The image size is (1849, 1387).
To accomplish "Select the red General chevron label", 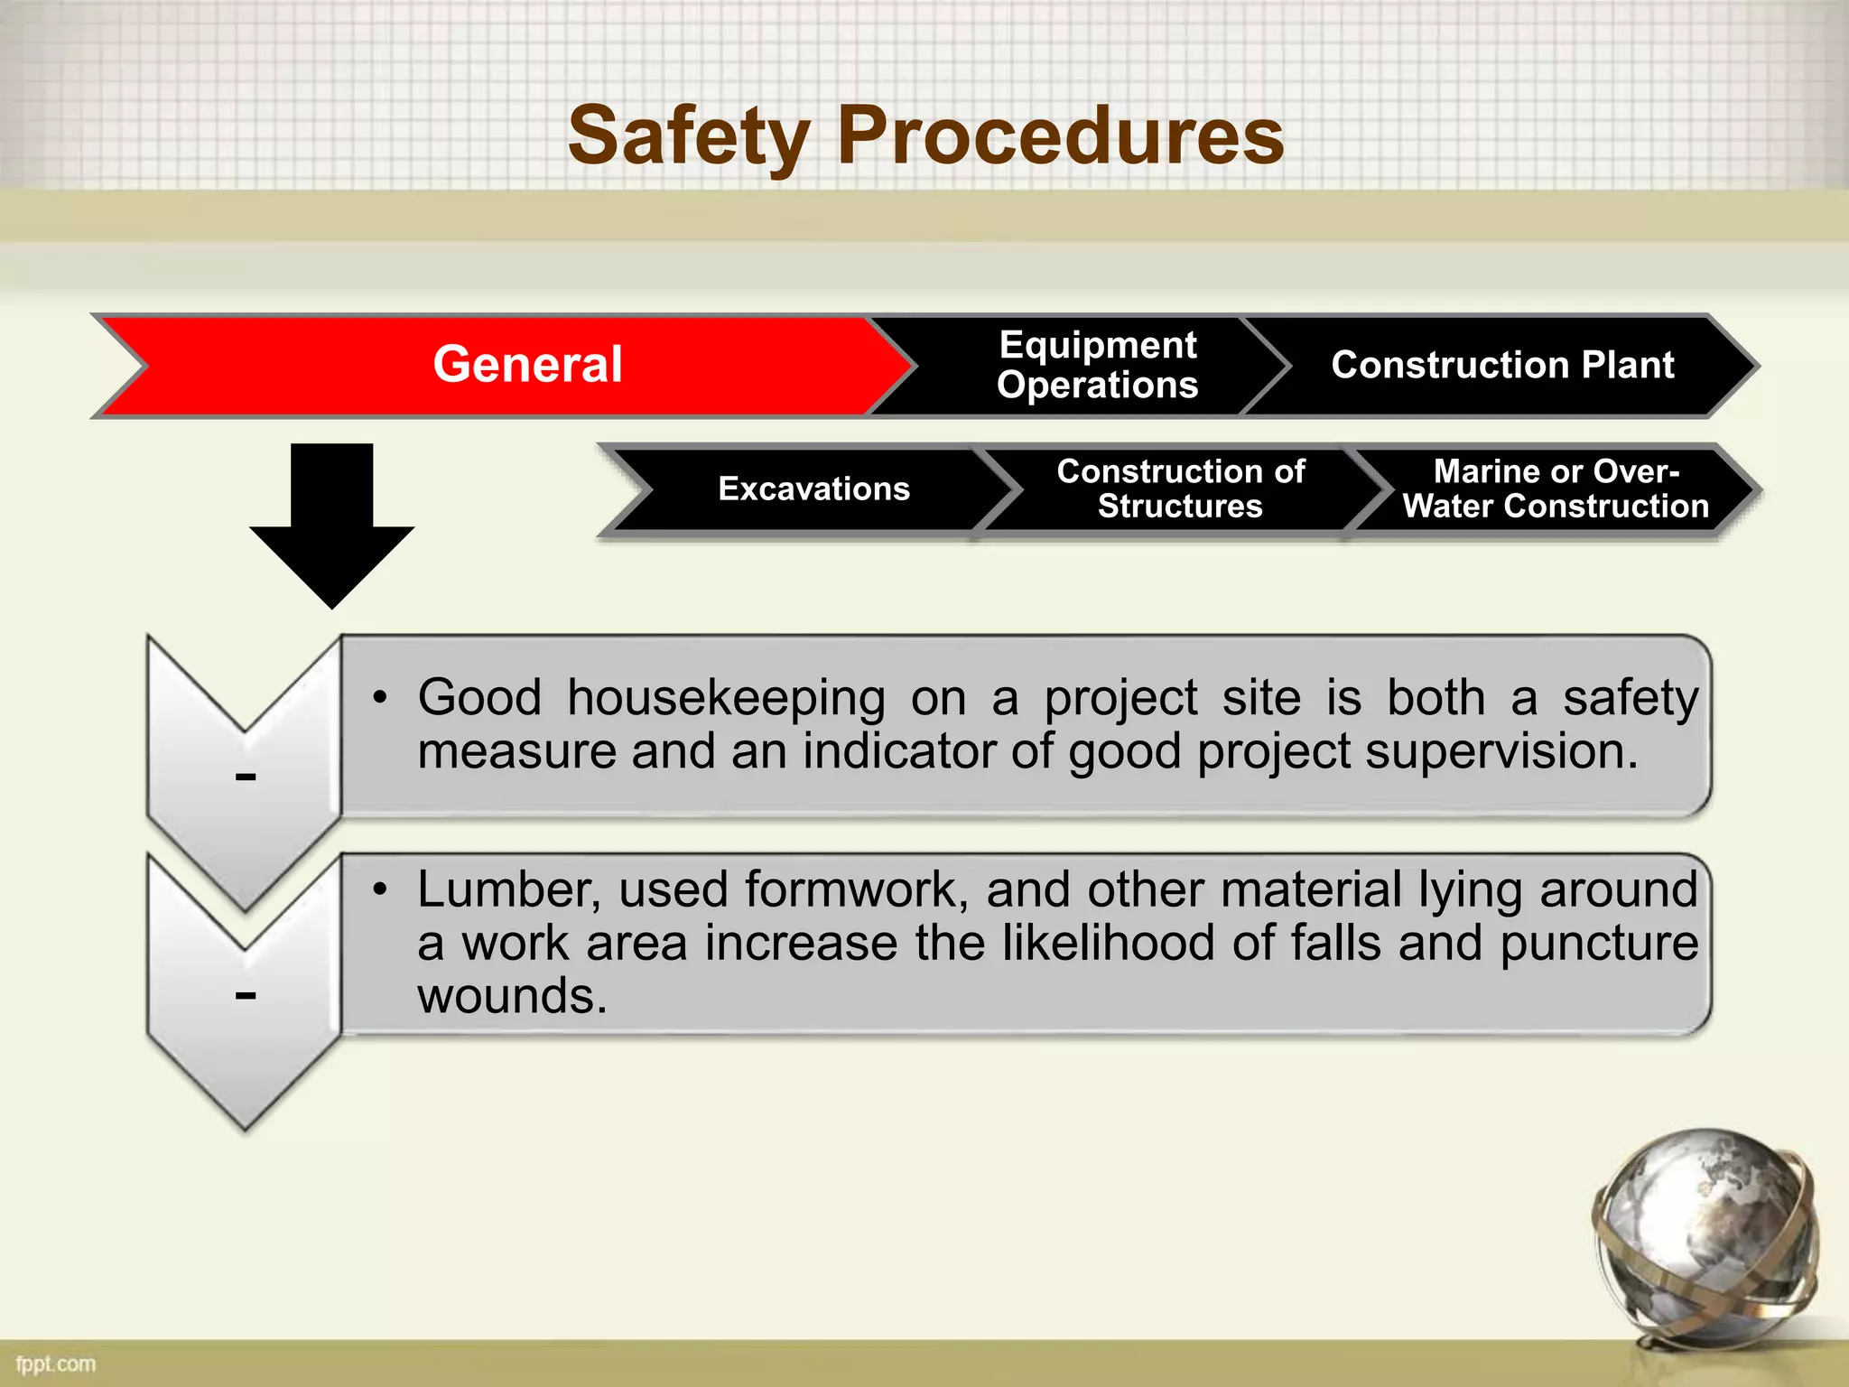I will [x=527, y=365].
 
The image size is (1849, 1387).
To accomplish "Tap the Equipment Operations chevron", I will [x=1097, y=365].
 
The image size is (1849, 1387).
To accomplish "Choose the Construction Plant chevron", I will [x=1502, y=365].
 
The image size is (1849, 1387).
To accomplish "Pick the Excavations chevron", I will [x=813, y=489].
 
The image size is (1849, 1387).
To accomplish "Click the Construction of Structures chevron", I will [x=1180, y=489].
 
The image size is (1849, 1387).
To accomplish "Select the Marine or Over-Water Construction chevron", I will [x=1555, y=489].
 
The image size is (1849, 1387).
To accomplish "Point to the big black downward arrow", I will [x=331, y=524].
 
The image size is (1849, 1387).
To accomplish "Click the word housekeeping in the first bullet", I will [x=726, y=698].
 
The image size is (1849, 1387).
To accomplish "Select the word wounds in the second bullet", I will [x=511, y=996].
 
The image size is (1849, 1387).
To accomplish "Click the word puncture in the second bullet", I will [x=1599, y=943].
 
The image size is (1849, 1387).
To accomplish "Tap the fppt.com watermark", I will [x=55, y=1364].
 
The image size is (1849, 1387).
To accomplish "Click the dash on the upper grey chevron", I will [x=246, y=777].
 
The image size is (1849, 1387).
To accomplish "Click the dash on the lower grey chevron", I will [x=246, y=995].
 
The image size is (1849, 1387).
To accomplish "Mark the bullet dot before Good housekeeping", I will [x=380, y=698].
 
